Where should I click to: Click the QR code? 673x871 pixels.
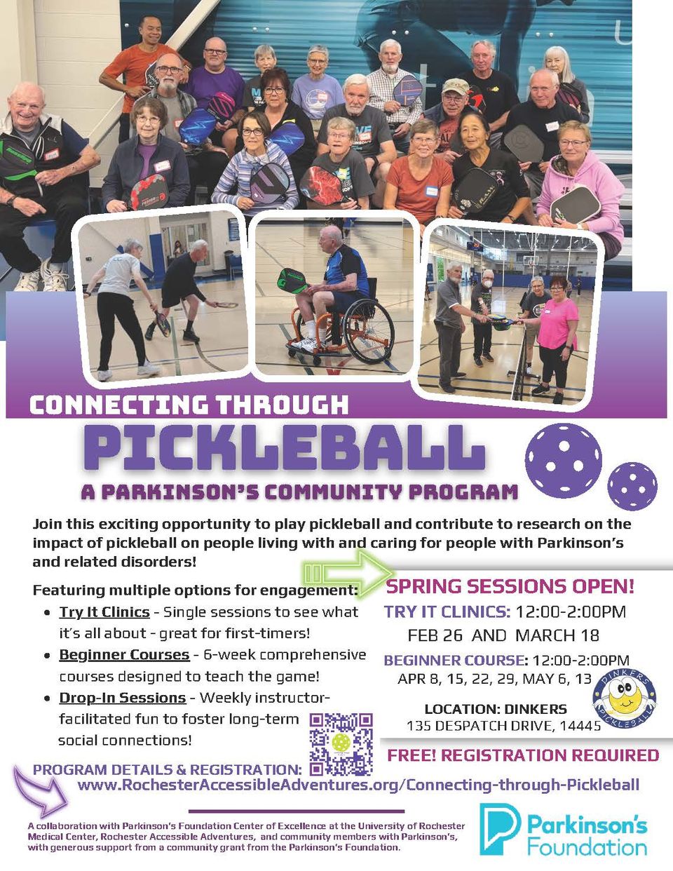(x=341, y=743)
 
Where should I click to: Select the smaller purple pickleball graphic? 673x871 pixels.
(x=632, y=485)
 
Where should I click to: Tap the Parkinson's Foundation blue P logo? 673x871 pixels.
(x=498, y=829)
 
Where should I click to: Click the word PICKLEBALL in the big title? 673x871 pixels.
(x=284, y=447)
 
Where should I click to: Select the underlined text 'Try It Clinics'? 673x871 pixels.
(x=104, y=612)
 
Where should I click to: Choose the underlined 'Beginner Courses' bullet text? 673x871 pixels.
(x=124, y=654)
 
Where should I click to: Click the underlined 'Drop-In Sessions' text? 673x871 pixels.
(x=122, y=698)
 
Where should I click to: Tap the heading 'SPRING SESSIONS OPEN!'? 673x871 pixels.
(x=510, y=586)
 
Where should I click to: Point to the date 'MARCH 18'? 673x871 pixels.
(x=557, y=635)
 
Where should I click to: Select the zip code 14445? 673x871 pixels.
(x=580, y=726)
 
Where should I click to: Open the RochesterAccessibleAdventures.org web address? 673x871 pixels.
(x=358, y=784)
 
